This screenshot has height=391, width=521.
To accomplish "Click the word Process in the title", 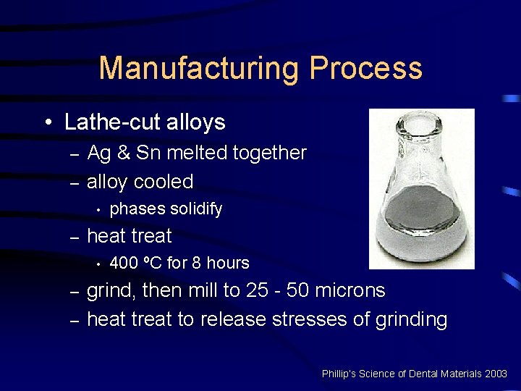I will [x=365, y=68].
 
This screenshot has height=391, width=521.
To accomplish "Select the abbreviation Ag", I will [x=98, y=153].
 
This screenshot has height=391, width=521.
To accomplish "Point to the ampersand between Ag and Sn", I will [x=123, y=153].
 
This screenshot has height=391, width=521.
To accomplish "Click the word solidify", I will [x=196, y=209].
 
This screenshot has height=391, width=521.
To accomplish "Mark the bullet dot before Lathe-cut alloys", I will [x=47, y=123].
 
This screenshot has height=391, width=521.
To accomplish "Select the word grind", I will [x=109, y=291].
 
